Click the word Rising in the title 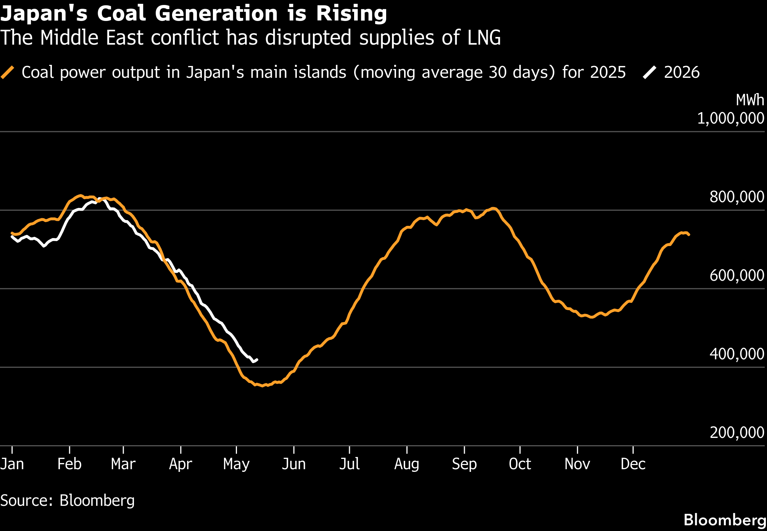click(351, 14)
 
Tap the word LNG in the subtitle click(484, 38)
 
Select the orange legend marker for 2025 click(7, 72)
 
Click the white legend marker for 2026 click(649, 72)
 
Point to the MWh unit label click(750, 100)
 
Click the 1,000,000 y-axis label click(731, 118)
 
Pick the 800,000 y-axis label click(737, 197)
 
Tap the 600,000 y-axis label click(737, 275)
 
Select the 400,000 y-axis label click(737, 354)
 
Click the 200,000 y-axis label click(737, 433)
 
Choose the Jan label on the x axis click(12, 464)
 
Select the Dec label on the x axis click(633, 464)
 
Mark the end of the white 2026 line click(257, 359)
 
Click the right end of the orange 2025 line click(689, 235)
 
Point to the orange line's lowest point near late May click(262, 386)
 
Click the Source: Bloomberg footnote click(68, 500)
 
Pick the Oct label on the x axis click(520, 464)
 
